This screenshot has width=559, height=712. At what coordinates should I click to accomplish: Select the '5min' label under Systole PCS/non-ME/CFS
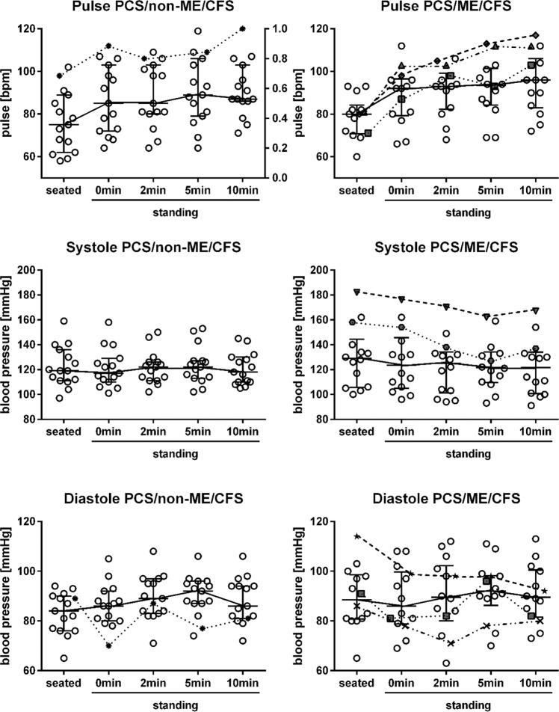pos(198,433)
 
